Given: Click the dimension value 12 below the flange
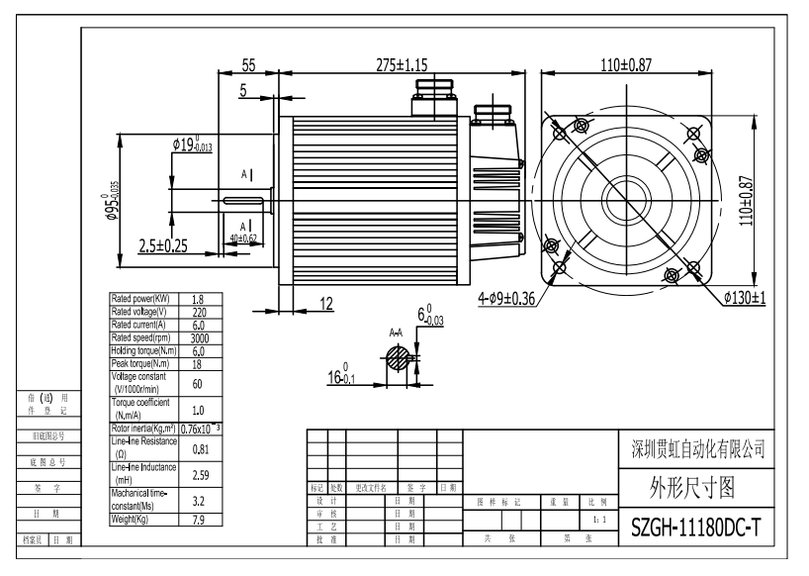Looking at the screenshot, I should tap(327, 303).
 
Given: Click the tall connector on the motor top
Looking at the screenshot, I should tap(429, 95).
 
